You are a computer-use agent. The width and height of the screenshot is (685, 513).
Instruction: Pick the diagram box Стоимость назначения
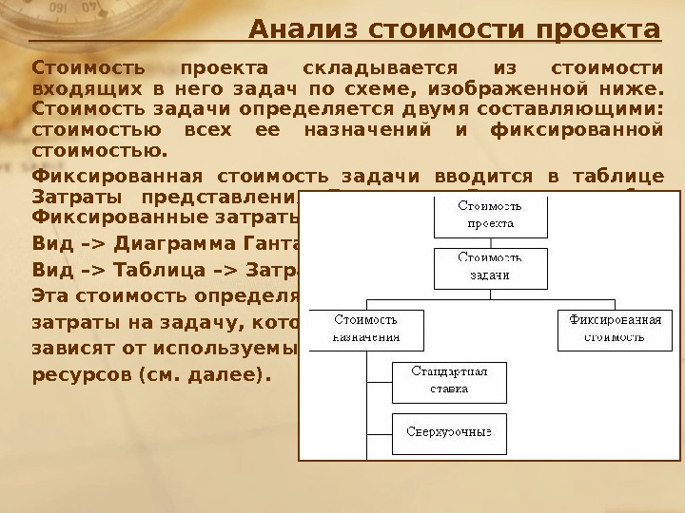(x=365, y=328)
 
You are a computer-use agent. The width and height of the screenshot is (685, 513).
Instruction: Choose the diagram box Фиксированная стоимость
(x=614, y=328)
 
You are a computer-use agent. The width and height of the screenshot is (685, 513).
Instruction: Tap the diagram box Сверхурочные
(x=449, y=432)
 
